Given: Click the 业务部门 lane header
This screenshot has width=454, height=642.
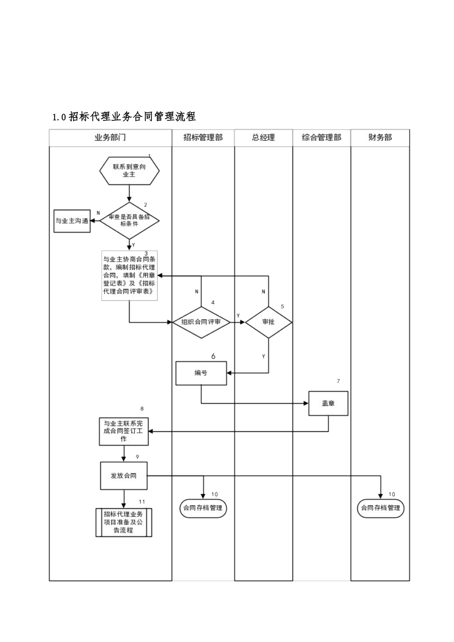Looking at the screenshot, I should click(110, 138).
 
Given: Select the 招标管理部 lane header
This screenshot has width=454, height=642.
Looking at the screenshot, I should click(203, 138).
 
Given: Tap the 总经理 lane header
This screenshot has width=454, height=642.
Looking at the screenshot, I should click(263, 138).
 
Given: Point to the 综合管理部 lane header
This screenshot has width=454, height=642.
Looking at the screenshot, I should click(322, 138).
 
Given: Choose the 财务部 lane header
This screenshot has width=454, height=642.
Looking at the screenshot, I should click(380, 138).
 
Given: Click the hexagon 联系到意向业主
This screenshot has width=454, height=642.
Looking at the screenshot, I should click(129, 171).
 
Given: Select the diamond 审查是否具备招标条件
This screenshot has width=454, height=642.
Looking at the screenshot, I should click(129, 220).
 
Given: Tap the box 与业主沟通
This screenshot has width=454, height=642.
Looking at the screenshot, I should click(72, 221).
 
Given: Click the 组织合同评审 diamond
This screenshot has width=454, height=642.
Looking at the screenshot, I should click(201, 322).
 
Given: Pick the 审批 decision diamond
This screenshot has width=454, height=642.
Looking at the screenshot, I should click(269, 322).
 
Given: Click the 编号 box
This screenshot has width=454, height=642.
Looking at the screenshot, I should click(201, 373).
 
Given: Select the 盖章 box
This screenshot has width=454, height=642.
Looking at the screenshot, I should click(328, 403).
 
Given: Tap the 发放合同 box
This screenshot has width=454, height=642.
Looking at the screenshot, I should click(124, 476).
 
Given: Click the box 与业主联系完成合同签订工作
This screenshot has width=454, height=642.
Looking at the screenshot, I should click(124, 431).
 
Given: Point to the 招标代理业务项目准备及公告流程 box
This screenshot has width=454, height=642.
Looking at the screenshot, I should click(124, 523).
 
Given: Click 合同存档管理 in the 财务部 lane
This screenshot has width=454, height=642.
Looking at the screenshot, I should click(380, 508).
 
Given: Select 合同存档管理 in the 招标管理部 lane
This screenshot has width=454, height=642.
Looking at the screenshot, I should click(203, 508).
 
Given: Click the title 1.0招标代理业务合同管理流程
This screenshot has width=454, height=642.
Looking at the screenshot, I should click(124, 117).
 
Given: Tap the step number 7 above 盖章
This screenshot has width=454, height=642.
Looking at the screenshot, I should click(338, 381).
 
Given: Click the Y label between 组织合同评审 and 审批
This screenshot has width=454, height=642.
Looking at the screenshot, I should click(238, 316).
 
